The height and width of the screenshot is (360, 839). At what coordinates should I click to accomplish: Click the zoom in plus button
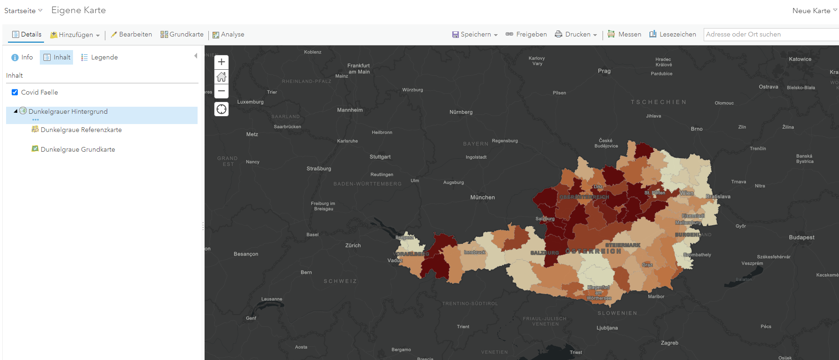(x=221, y=62)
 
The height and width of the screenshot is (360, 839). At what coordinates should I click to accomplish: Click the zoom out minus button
(x=221, y=91)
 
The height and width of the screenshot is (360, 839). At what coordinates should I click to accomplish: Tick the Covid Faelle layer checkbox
(x=15, y=92)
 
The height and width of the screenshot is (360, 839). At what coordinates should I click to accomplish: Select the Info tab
(x=22, y=57)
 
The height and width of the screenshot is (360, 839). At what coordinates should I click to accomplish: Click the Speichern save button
(x=475, y=34)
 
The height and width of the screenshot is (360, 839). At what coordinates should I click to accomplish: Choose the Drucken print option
(x=576, y=34)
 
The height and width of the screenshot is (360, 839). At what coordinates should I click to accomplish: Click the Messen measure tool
(x=625, y=34)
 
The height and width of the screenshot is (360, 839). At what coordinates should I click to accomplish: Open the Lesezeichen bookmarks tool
(x=673, y=34)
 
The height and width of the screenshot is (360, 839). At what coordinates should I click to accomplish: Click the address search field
(x=770, y=34)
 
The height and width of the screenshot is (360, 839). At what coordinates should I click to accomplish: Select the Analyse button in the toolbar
(x=228, y=34)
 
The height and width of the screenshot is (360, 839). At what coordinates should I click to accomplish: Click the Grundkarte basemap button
(x=182, y=34)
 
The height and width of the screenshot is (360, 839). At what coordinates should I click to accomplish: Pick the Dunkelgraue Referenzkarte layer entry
(x=81, y=130)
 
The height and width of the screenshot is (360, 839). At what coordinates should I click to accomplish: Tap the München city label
(x=482, y=198)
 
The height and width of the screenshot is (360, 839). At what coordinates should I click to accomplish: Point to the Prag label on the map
(x=604, y=71)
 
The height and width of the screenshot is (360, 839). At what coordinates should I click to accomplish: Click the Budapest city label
(x=802, y=237)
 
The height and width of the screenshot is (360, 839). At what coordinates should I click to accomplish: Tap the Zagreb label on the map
(x=670, y=343)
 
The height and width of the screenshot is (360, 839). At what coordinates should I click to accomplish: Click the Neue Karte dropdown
(x=814, y=10)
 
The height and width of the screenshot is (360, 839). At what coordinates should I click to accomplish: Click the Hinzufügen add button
(x=75, y=35)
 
